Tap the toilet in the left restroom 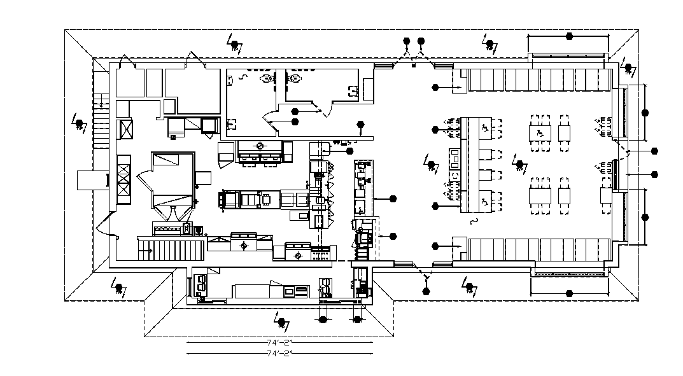click(266, 79)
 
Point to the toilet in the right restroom click(295, 79)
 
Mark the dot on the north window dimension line click(568, 36)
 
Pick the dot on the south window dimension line click(569, 293)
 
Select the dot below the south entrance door click(426, 291)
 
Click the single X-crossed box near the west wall click(126, 129)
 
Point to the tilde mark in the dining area click(472, 222)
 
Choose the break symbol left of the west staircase click(79, 123)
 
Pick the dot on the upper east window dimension click(645, 113)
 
